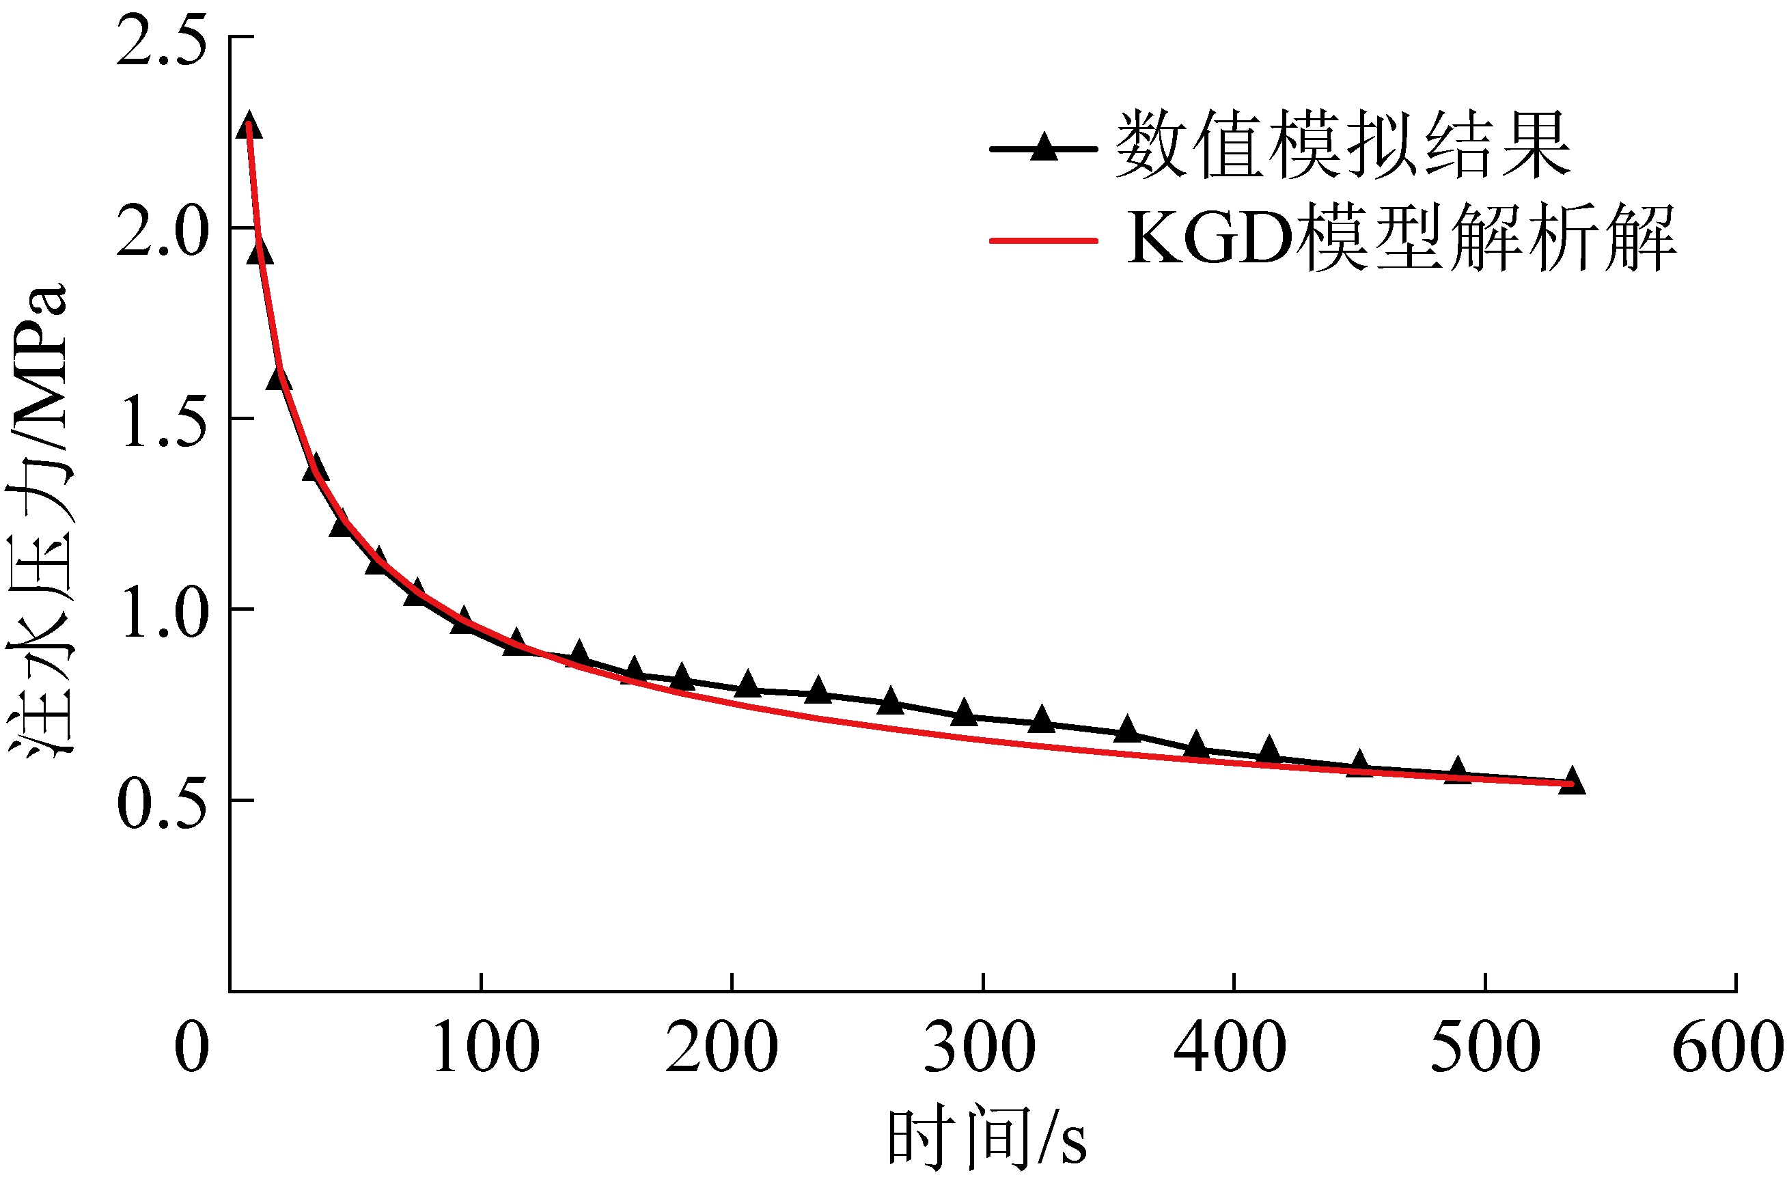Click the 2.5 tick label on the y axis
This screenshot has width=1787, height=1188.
pos(161,42)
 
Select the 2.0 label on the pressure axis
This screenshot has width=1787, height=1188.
pos(161,232)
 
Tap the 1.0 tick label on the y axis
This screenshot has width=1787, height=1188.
pos(161,614)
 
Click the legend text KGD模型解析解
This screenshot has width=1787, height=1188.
pos(1402,238)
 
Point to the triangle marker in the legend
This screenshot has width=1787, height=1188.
pos(1044,146)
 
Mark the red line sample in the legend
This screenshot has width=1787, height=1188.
pos(1044,241)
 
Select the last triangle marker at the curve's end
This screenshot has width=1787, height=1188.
pos(1572,780)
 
